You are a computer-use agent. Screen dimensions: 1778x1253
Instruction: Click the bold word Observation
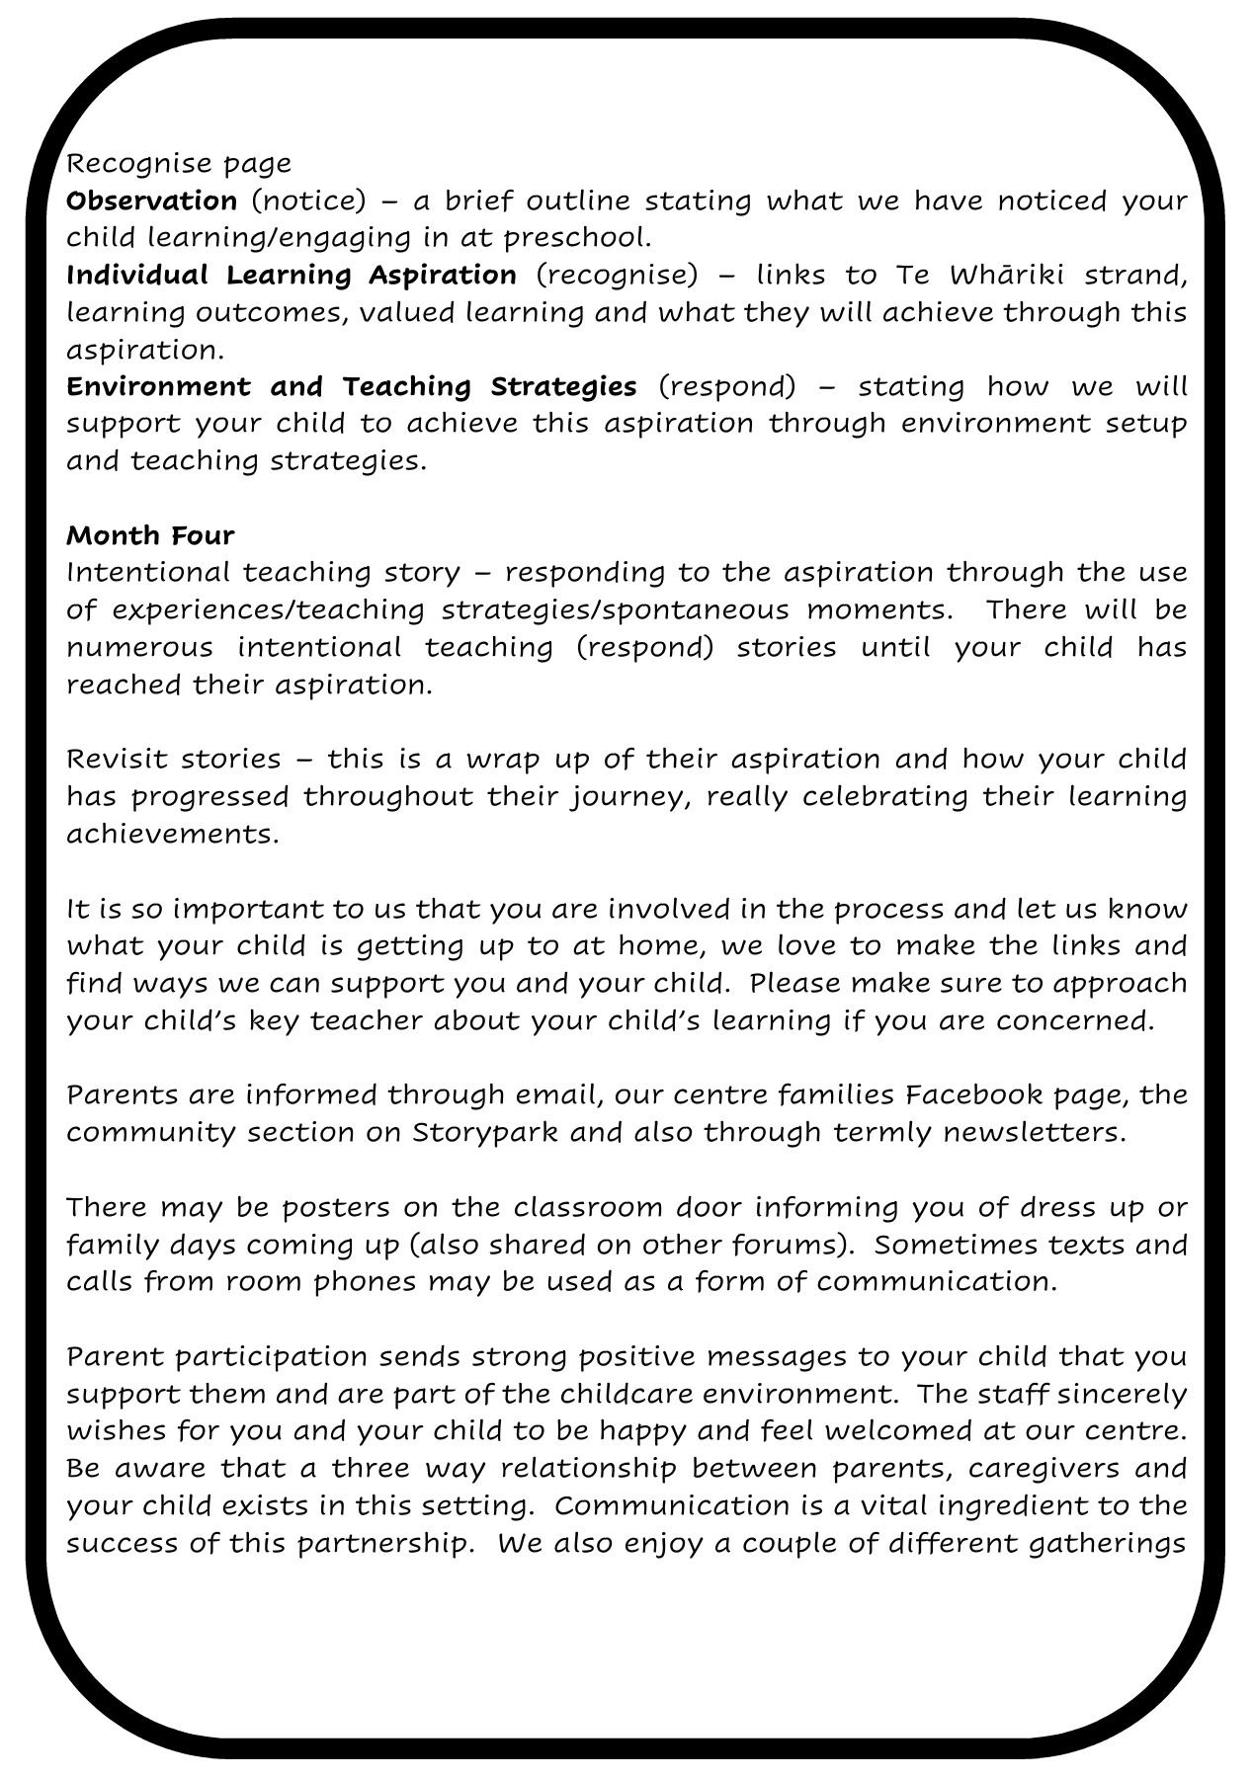click(x=151, y=201)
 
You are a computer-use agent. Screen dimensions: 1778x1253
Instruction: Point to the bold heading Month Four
click(x=150, y=535)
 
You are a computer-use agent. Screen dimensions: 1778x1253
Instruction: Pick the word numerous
click(x=139, y=648)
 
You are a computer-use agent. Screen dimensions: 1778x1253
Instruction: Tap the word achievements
click(x=173, y=834)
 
